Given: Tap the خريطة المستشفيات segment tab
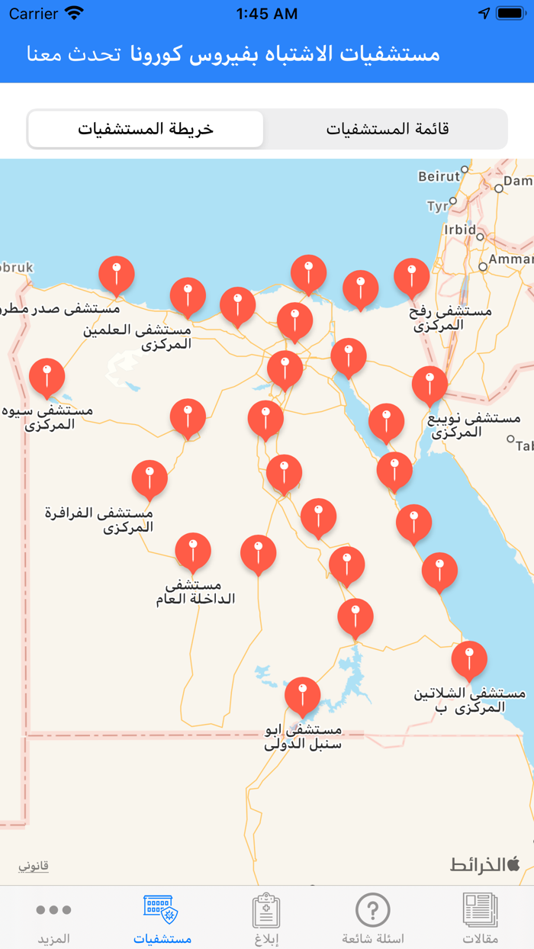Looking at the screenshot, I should [146, 129].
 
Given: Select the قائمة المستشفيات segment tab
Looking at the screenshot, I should [388, 129].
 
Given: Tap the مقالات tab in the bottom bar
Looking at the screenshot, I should [481, 918].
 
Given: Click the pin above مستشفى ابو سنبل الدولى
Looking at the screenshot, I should [303, 695].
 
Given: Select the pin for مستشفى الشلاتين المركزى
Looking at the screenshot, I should [469, 659].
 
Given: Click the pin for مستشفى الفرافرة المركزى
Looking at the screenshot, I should [150, 478].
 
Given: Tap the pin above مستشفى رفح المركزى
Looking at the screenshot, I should [412, 277].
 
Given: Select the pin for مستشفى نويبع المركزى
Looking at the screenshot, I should [429, 384].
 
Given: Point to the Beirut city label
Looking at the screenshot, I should [439, 177].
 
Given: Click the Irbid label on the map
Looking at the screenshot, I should [460, 230].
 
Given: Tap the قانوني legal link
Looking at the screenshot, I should [34, 866].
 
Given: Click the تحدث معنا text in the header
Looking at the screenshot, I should [74, 54].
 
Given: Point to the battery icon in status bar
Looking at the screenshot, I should [510, 14].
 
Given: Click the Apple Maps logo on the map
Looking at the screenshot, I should [485, 864].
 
